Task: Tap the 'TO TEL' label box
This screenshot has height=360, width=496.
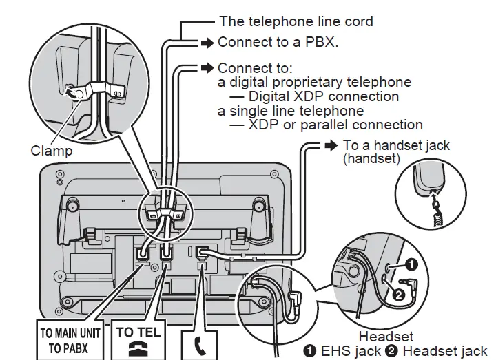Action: [138, 340]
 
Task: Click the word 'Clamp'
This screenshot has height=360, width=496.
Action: [51, 149]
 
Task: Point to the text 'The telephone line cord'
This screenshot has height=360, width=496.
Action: [296, 21]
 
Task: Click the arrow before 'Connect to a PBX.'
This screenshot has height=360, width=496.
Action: [207, 43]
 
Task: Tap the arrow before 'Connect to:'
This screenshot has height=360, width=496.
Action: [207, 68]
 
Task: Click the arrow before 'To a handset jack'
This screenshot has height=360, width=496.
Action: [331, 145]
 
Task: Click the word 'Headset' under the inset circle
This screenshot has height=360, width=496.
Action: [386, 337]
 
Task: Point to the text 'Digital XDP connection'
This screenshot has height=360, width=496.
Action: [324, 96]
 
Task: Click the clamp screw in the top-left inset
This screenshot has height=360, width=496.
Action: [71, 91]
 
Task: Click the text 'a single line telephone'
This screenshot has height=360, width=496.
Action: [291, 110]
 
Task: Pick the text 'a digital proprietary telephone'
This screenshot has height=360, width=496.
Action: [314, 82]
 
